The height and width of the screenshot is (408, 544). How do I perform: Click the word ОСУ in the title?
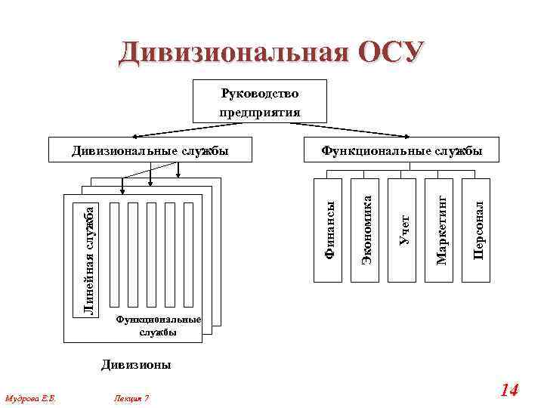pyautogui.click(x=388, y=52)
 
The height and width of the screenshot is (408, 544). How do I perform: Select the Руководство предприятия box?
pyautogui.click(x=259, y=101)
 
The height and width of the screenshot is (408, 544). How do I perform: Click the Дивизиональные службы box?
pyautogui.click(x=150, y=150)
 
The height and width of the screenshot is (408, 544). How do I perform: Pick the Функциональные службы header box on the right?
pyautogui.click(x=401, y=150)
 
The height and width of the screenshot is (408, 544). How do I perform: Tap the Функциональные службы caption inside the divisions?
pyautogui.click(x=158, y=326)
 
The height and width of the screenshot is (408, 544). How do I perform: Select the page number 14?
pyautogui.click(x=509, y=390)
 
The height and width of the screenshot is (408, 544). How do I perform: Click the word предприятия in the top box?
pyautogui.click(x=259, y=112)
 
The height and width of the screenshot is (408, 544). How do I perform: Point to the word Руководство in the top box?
pyautogui.click(x=259, y=93)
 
